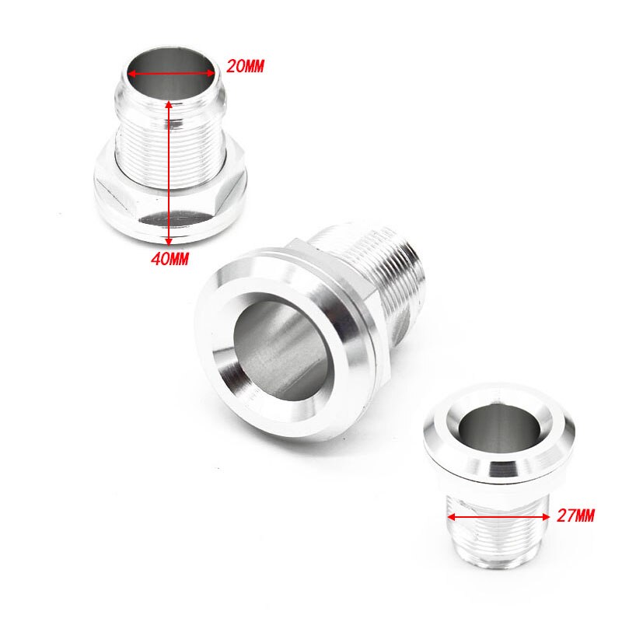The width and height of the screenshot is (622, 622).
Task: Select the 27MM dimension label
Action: pyautogui.click(x=575, y=515)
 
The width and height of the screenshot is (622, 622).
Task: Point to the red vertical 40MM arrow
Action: pyautogui.click(x=170, y=171)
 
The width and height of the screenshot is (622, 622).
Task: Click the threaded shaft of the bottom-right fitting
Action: pyautogui.click(x=498, y=536)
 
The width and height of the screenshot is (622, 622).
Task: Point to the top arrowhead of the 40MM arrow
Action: pyautogui.click(x=170, y=103)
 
